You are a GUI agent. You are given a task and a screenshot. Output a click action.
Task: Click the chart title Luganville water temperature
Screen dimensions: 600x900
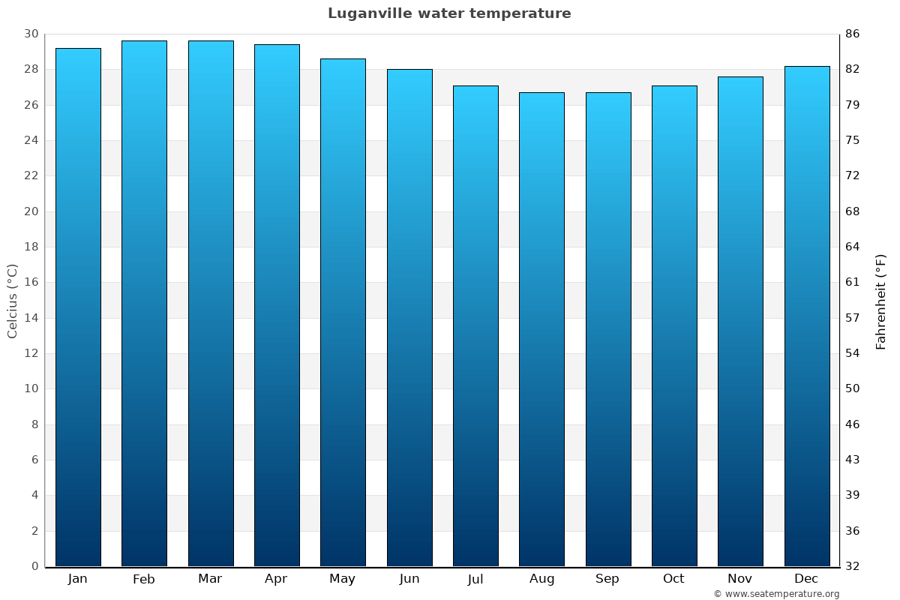[449, 13]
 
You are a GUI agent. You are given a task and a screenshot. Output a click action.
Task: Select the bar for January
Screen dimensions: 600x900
[78, 307]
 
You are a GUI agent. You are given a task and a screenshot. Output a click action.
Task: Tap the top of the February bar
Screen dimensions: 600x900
[144, 42]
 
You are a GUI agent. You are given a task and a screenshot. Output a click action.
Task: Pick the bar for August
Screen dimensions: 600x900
[541, 330]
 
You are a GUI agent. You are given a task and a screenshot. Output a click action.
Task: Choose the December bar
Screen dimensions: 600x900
[806, 315]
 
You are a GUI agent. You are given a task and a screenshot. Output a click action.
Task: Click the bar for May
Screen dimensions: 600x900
[343, 311]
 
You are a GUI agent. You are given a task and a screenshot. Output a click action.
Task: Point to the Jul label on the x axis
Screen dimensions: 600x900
[475, 579]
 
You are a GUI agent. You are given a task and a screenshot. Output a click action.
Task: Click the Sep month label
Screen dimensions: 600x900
[607, 579]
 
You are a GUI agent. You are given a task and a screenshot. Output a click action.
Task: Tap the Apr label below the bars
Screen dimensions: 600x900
[276, 579]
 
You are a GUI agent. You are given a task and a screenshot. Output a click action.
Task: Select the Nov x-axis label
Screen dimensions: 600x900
[740, 579]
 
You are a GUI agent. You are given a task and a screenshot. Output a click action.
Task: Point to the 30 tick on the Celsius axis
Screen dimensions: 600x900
[31, 34]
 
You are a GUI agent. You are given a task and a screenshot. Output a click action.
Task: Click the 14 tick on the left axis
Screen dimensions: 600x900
[31, 318]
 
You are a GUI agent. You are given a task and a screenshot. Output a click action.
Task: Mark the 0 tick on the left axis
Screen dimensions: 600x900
[34, 566]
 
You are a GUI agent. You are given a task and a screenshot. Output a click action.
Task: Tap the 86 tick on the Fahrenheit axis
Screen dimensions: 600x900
[852, 34]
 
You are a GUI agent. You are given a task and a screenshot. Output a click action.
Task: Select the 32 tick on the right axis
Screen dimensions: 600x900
[852, 566]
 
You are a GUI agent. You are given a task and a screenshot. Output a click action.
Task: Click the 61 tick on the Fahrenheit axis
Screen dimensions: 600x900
[852, 283]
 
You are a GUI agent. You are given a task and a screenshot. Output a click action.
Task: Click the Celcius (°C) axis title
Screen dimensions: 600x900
[13, 301]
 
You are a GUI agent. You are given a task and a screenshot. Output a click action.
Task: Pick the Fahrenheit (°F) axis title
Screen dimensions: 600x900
[881, 301]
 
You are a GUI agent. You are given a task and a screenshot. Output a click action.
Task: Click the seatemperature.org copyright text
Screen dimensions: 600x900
[776, 594]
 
